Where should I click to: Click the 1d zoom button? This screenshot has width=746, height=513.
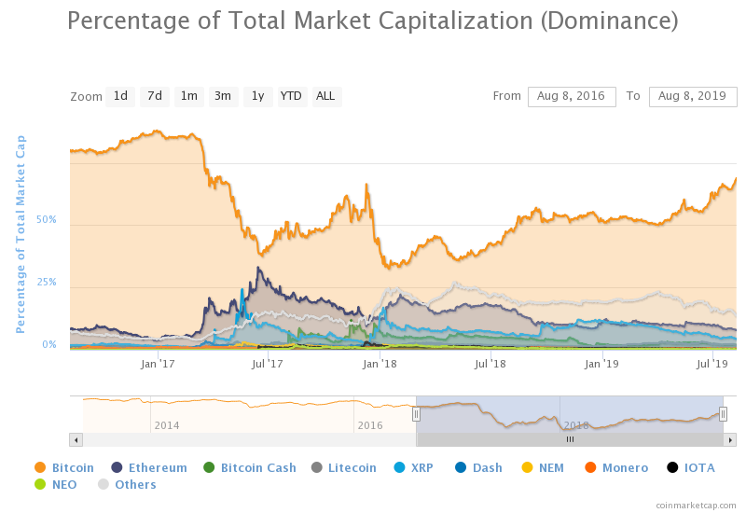pyautogui.click(x=120, y=97)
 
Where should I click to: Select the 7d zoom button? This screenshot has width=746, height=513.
pyautogui.click(x=155, y=97)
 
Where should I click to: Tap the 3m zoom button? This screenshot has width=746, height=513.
pyautogui.click(x=223, y=97)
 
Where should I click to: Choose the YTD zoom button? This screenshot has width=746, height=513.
pyautogui.click(x=291, y=97)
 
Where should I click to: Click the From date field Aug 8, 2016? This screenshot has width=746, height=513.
pyautogui.click(x=572, y=97)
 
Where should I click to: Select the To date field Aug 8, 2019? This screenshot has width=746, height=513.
pyautogui.click(x=693, y=97)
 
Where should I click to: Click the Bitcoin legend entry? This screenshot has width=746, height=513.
pyautogui.click(x=64, y=468)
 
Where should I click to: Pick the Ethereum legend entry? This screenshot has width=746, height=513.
pyautogui.click(x=149, y=468)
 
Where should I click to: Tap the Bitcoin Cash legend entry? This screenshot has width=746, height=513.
pyautogui.click(x=250, y=468)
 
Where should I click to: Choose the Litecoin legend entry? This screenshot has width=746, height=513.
pyautogui.click(x=343, y=468)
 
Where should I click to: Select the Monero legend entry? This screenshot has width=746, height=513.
pyautogui.click(x=616, y=468)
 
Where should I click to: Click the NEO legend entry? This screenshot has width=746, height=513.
pyautogui.click(x=56, y=484)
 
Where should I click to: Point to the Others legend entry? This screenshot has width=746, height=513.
pyautogui.click(x=127, y=484)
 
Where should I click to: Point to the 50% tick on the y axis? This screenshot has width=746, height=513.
pyautogui.click(x=46, y=220)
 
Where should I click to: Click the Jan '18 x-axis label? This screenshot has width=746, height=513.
pyautogui.click(x=380, y=364)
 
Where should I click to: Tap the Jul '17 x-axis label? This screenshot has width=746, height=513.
pyautogui.click(x=268, y=364)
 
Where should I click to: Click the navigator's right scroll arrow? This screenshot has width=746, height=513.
pyautogui.click(x=730, y=439)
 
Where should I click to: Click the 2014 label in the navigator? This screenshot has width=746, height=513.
pyautogui.click(x=167, y=425)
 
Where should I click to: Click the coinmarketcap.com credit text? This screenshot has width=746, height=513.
pyautogui.click(x=696, y=506)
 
